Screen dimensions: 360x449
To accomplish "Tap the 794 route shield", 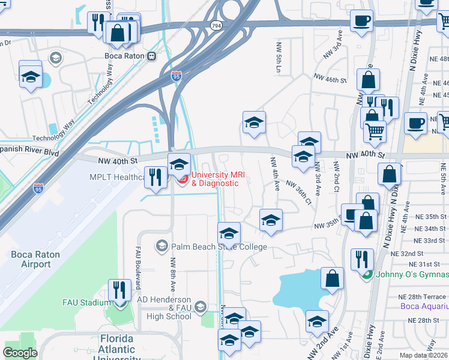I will (x=216, y=26).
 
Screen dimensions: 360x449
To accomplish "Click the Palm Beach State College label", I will (x=219, y=247).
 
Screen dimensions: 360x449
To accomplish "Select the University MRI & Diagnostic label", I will (x=214, y=179).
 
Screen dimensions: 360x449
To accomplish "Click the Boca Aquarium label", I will (x=424, y=307).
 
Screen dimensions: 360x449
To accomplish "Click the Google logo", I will (x=20, y=353).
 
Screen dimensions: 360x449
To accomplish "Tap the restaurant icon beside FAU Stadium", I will (x=119, y=290).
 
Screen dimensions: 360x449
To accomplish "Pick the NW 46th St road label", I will (x=330, y=78).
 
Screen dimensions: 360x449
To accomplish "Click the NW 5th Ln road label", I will (x=279, y=56).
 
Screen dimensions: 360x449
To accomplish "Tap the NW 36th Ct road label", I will (x=298, y=191).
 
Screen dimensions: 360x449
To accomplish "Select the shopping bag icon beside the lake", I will (x=332, y=278).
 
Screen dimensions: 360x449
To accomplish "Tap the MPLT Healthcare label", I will (x=117, y=177).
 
